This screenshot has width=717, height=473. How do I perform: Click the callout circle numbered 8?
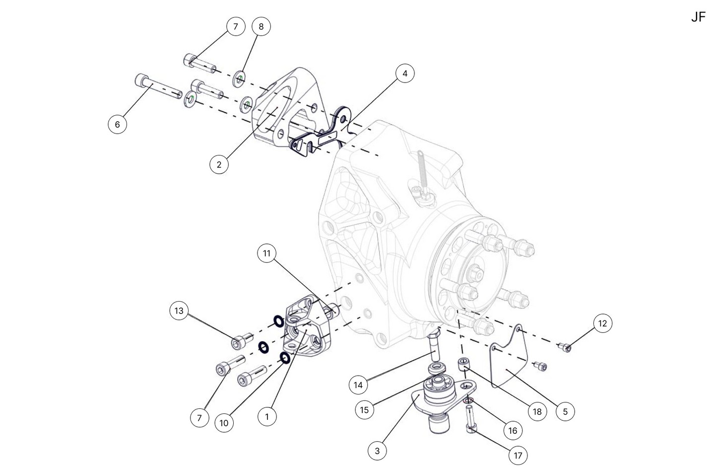pos(261,27)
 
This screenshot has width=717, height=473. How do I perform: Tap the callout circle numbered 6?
pos(118,124)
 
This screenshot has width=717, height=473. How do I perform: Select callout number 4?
pos(405,74)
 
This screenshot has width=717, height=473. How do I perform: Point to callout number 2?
pos(219,164)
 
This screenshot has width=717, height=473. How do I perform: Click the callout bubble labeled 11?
pos(267,253)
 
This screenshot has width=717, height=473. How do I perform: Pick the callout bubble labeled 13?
pos(179,311)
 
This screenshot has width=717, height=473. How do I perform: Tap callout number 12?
pos(602,323)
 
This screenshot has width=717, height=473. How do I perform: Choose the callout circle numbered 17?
pos(518,455)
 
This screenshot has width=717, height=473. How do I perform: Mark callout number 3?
pos(377,451)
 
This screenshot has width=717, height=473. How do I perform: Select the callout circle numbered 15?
pos(365,410)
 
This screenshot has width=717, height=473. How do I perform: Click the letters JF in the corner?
pos(698,17)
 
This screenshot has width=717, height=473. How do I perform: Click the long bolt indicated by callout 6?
pos(157,86)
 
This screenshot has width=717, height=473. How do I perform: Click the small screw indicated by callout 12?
pos(565,347)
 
